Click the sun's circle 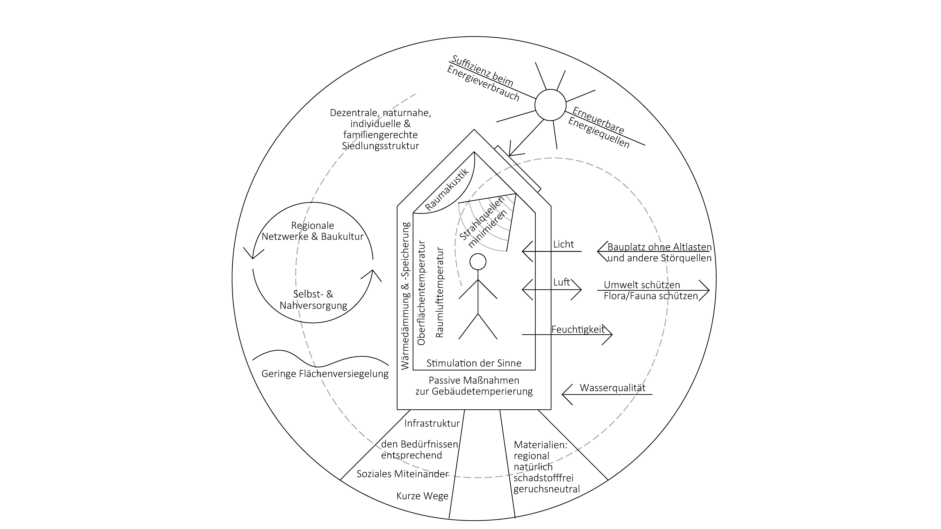[x=550, y=105]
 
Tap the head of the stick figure [x=478, y=261]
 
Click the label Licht [x=563, y=244]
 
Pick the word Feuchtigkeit [x=578, y=329]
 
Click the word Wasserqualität [x=613, y=388]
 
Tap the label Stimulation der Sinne [x=474, y=363]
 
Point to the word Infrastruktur [x=432, y=423]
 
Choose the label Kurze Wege [x=422, y=496]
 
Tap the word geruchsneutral [x=546, y=489]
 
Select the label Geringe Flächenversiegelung [x=325, y=374]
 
